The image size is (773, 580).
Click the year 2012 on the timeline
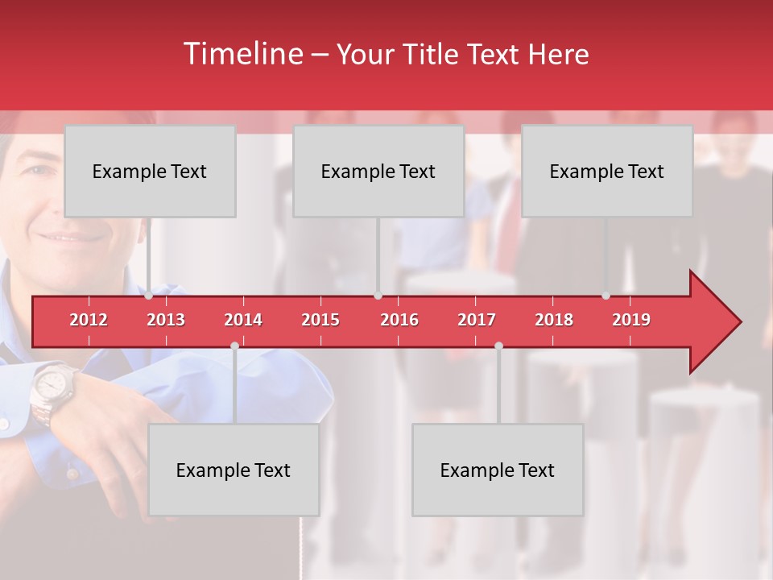(89, 320)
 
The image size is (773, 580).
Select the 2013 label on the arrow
(166, 320)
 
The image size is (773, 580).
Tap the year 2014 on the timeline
(243, 320)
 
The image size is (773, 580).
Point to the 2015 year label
(320, 320)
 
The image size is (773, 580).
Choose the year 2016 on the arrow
(399, 320)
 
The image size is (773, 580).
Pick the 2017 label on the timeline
(477, 320)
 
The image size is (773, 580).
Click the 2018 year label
(554, 320)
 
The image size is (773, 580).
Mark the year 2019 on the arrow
(631, 320)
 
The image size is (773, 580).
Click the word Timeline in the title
(242, 54)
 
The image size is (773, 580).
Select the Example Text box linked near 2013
(150, 172)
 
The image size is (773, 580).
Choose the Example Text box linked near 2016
(378, 172)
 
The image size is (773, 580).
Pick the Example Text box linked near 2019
(607, 172)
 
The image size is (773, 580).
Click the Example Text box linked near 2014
(234, 470)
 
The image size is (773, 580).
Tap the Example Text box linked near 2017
(498, 470)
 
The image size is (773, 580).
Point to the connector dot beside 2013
(149, 296)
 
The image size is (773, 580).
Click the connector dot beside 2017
(498, 346)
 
